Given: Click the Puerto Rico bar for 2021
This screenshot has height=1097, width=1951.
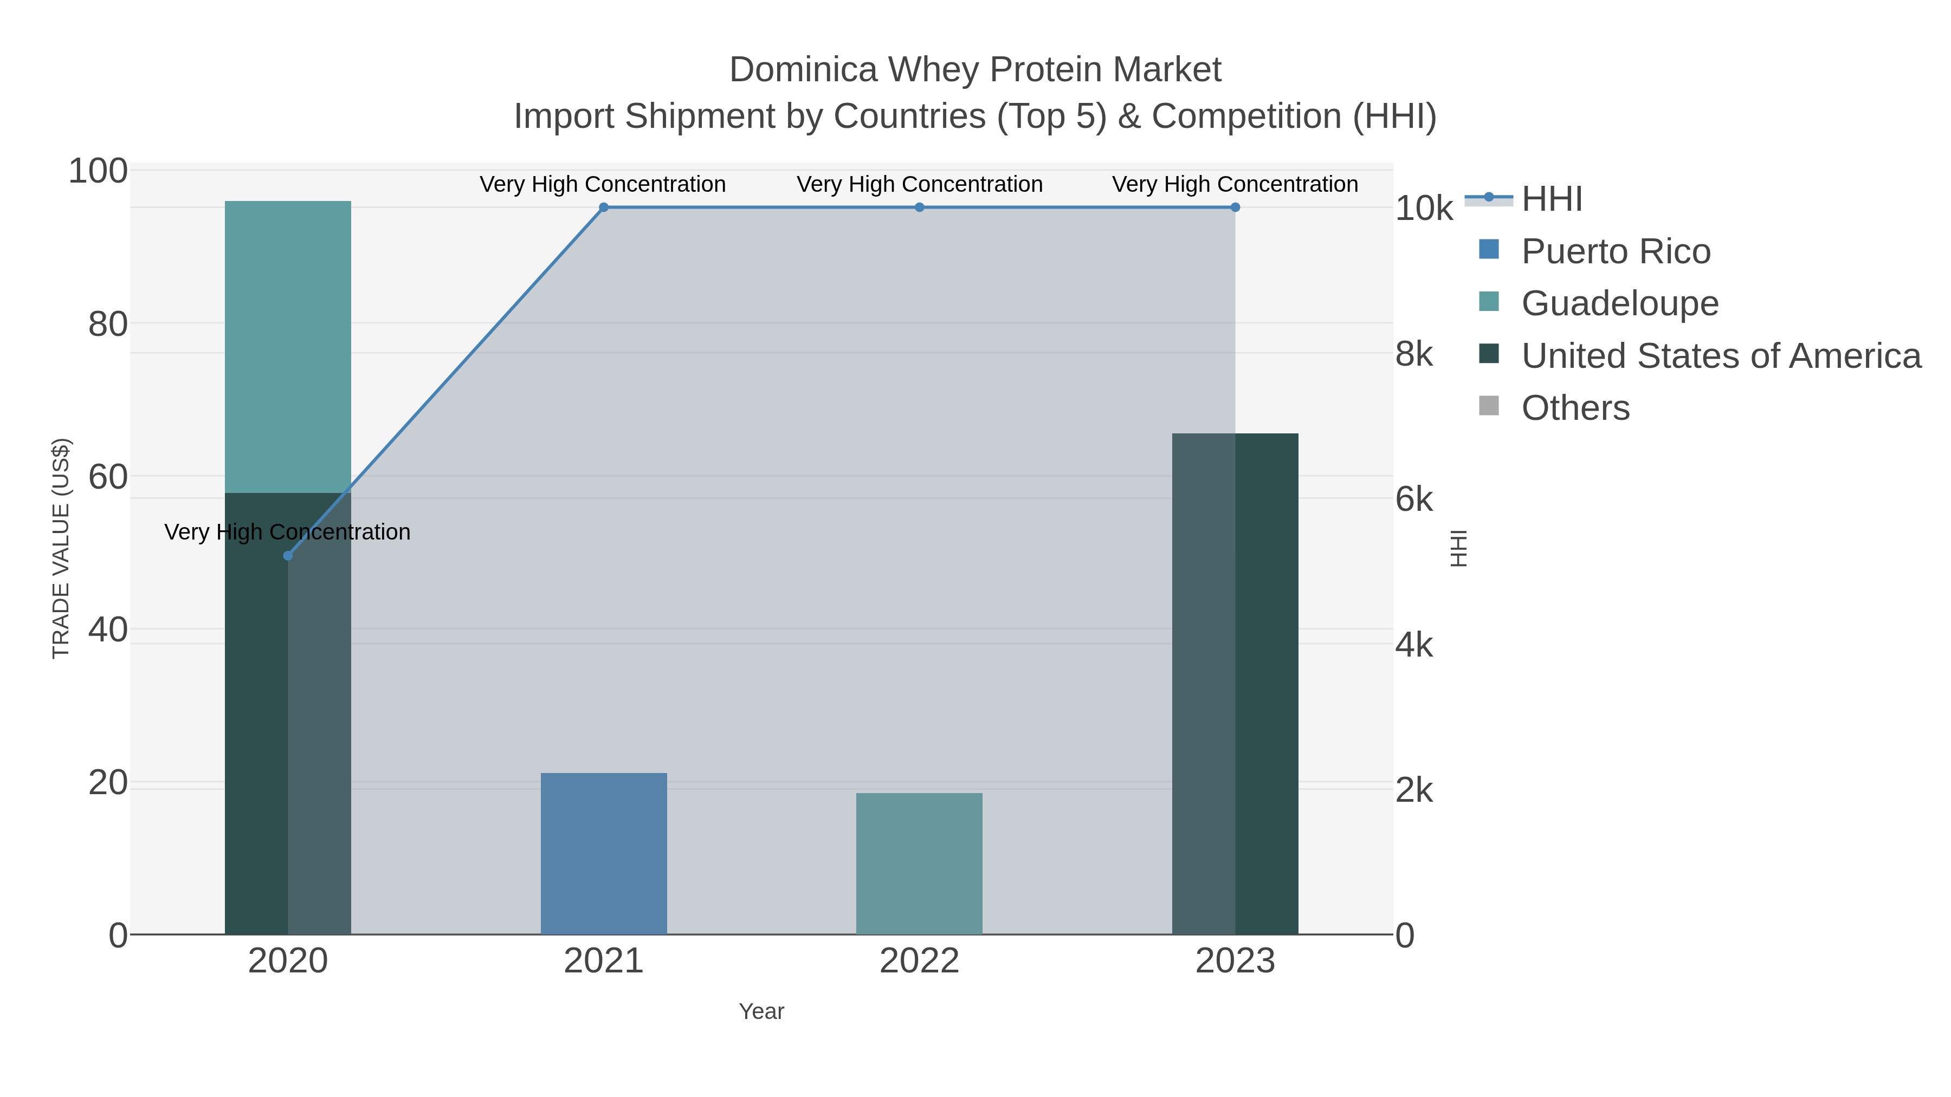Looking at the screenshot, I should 604,853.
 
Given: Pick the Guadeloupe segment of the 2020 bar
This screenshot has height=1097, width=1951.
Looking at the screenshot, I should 288,347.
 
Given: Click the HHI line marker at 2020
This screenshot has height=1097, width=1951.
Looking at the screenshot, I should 288,556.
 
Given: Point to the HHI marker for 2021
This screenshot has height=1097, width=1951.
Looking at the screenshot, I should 604,207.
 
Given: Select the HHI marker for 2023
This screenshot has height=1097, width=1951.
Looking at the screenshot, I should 1235,207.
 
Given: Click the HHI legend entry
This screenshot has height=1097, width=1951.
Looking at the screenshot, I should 1551,199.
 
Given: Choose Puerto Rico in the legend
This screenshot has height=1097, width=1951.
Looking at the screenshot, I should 1616,251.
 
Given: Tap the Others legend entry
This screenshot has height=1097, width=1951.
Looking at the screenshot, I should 1575,408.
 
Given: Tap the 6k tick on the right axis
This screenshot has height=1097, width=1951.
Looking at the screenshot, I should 1414,499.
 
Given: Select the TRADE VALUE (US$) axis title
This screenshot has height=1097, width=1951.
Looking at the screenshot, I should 61,548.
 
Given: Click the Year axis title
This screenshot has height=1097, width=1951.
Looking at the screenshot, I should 761,1011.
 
